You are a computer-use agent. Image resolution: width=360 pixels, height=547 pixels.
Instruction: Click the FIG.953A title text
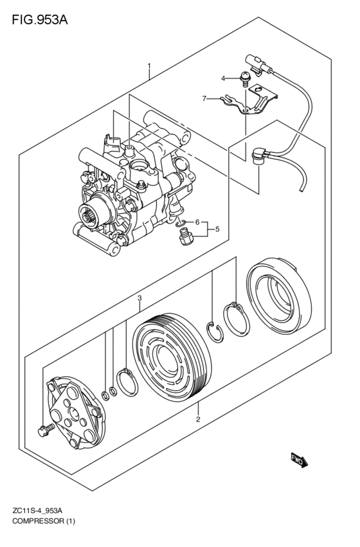[40, 20]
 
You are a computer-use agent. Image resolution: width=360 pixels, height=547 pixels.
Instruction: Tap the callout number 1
[149, 66]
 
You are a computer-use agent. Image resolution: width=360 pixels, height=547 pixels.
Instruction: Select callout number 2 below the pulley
[198, 419]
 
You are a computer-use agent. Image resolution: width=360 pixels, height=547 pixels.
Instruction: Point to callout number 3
[139, 298]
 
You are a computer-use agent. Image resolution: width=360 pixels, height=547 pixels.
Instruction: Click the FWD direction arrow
[300, 460]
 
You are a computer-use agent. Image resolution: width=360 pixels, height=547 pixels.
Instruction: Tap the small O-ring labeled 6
[181, 222]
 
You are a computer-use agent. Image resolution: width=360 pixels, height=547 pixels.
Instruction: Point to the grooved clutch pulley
[173, 357]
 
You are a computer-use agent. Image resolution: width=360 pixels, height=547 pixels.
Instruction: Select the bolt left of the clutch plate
[46, 430]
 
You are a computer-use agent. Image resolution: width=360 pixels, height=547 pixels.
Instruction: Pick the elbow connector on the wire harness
[260, 156]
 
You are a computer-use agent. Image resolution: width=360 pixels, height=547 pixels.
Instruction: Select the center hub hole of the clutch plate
[73, 413]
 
